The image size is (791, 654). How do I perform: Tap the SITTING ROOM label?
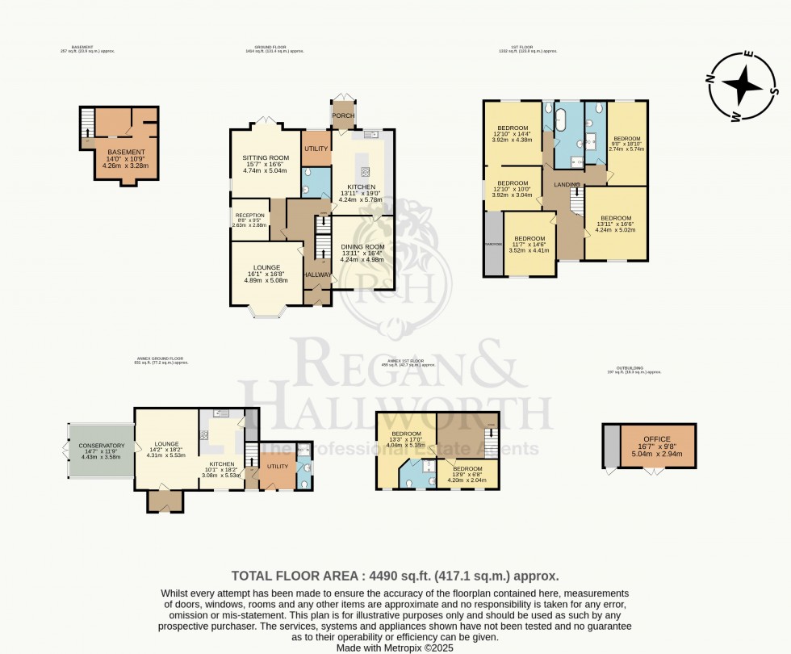click(266, 157)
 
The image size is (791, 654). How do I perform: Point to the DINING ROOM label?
click(362, 246)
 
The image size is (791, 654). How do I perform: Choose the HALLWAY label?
click(317, 275)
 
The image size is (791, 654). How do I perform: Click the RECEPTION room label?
click(249, 216)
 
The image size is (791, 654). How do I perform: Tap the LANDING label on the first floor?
click(567, 185)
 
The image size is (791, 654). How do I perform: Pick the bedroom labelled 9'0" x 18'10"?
click(626, 138)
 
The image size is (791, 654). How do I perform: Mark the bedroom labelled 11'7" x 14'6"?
click(531, 238)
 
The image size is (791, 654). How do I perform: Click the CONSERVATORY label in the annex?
click(102, 446)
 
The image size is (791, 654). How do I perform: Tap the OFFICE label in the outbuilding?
click(656, 438)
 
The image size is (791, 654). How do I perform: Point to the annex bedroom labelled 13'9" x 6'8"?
click(467, 468)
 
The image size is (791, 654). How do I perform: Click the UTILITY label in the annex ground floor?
click(277, 467)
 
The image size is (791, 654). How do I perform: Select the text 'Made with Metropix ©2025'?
click(395, 647)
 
